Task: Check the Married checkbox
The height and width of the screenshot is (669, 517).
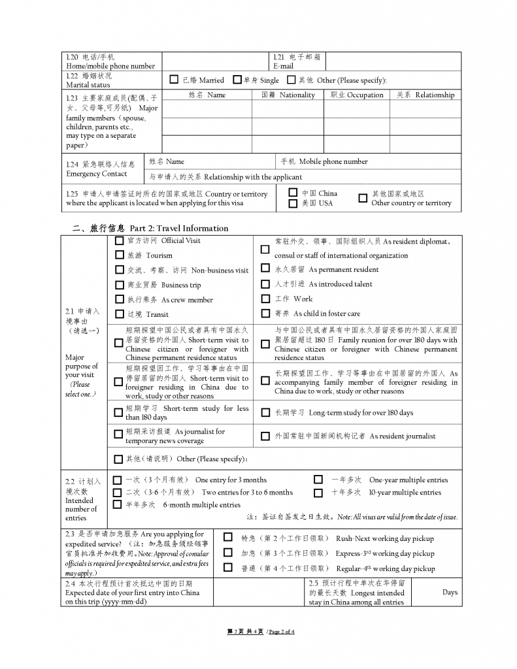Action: pos(174,80)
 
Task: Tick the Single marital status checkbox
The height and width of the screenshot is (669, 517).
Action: pos(237,80)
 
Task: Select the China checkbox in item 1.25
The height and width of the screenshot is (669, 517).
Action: pos(293,193)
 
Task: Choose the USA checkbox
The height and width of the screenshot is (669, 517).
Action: pos(293,203)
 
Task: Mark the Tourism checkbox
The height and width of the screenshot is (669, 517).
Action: pos(119,255)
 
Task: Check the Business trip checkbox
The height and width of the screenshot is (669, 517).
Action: pos(119,285)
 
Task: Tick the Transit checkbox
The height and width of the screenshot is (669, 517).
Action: pos(119,314)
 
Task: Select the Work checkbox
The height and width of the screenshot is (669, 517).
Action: pos(265,299)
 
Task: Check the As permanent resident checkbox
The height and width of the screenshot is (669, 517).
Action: pos(265,269)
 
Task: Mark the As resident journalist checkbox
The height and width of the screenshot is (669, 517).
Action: pos(265,436)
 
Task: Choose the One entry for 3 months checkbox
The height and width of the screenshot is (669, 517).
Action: pos(117,480)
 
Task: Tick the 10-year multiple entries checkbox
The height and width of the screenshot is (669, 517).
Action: pos(318,492)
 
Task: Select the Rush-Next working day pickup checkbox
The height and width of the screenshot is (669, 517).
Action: pos(227,538)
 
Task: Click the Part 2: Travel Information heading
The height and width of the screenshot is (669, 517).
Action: pos(150,228)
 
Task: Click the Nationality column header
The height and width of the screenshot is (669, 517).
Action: pos(288,95)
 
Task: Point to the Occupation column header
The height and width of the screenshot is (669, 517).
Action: pos(357,95)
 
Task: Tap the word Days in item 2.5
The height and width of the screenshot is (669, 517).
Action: pos(450,593)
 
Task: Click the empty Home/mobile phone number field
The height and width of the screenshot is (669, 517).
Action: pos(216,61)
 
